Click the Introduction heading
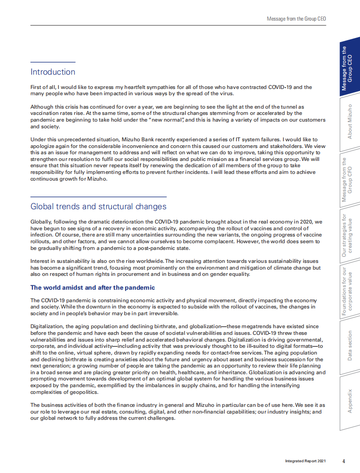[x=53, y=72]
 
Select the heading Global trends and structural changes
[x=98, y=207]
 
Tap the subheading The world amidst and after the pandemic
[x=93, y=287]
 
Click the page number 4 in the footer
[x=343, y=461]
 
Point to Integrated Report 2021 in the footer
[x=302, y=461]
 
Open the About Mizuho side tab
[x=350, y=122]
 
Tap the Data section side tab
[x=350, y=346]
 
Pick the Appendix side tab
[x=350, y=401]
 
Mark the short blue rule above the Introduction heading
[x=53, y=62]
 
